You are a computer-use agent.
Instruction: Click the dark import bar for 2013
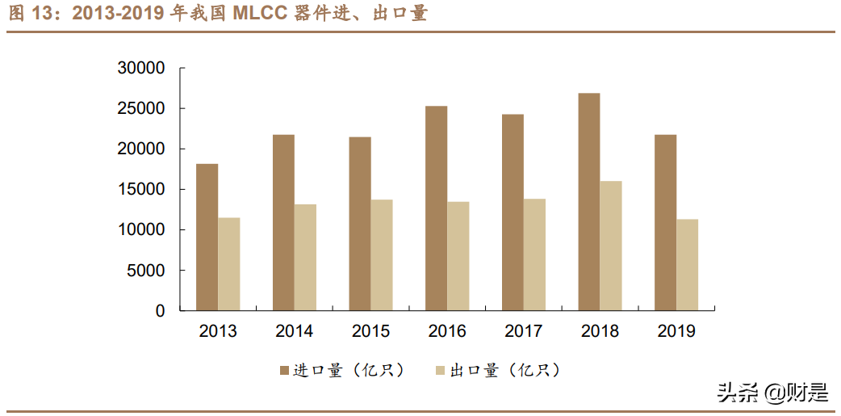click(207, 237)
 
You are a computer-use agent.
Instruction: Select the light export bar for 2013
click(229, 264)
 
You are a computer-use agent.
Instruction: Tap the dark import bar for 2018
click(589, 202)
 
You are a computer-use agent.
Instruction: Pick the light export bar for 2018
click(611, 246)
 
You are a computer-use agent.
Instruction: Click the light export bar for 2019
click(688, 265)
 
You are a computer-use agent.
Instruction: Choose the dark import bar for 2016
click(436, 208)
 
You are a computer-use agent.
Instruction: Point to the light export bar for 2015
click(382, 255)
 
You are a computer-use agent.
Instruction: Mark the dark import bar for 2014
click(283, 222)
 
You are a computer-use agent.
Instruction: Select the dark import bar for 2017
click(513, 212)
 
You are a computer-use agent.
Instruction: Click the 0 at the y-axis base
click(161, 311)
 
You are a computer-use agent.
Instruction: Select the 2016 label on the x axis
click(447, 331)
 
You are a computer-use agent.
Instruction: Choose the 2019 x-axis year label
click(676, 331)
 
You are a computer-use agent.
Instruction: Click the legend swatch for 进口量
click(284, 371)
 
